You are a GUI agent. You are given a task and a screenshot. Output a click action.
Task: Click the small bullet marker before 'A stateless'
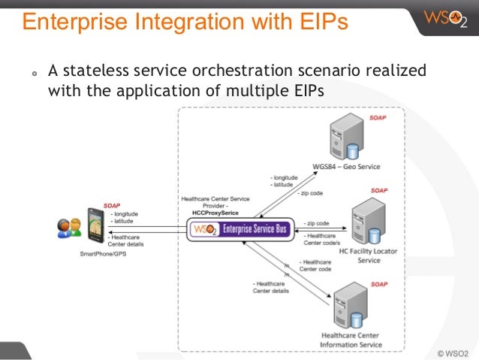pos(32,74)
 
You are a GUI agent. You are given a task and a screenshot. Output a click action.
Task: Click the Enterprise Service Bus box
pos(241,226)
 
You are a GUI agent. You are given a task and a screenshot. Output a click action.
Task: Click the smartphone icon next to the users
pos(93,225)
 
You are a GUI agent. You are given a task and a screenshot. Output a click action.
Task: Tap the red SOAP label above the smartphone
pos(112,205)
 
